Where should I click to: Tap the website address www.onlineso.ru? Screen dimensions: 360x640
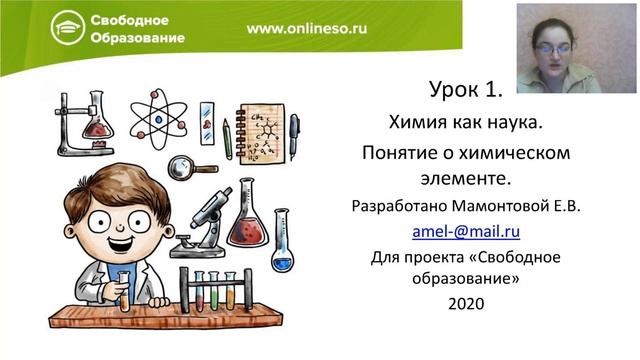pyautogui.click(x=306, y=28)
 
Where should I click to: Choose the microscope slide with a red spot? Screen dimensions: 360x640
pyautogui.click(x=207, y=121)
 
